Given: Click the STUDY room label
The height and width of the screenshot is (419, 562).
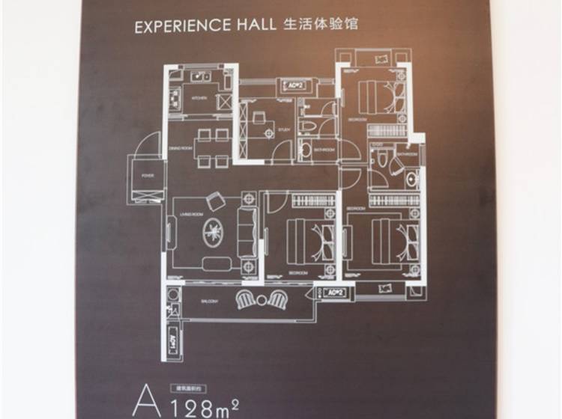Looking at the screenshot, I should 283,129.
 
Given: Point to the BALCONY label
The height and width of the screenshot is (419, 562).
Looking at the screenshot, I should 208,301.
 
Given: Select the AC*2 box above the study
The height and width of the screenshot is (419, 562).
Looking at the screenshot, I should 294,85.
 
